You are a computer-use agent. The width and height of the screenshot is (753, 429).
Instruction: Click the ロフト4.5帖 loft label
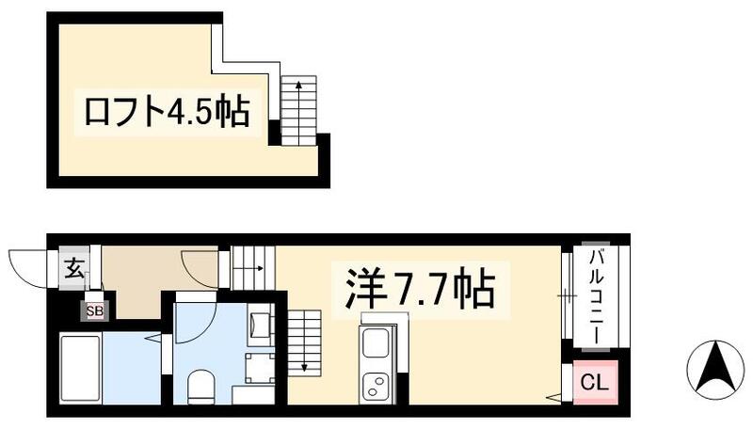coord(167,113)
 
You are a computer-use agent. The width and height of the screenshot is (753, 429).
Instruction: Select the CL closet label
coord(592,382)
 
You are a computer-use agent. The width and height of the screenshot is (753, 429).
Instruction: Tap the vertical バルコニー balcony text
coord(597,296)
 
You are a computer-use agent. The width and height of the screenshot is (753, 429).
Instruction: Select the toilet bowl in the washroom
coord(199,386)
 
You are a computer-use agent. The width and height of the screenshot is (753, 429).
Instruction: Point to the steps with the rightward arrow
coord(251,267)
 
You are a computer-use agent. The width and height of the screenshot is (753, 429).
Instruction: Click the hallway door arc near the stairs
coord(200,264)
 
